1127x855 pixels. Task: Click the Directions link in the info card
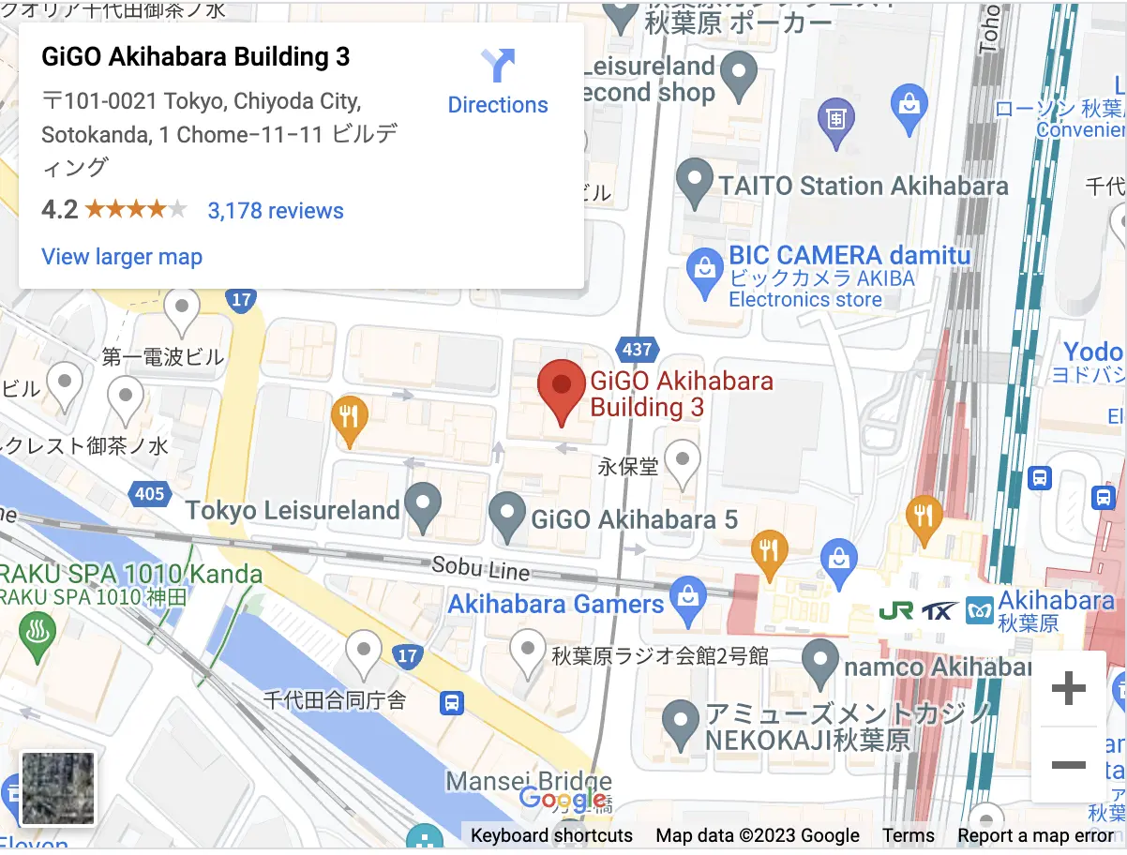498,82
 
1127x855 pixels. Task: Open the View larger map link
122,256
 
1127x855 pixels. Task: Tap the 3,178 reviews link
276,211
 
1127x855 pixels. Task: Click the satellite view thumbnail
58,788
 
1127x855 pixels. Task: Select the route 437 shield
636,350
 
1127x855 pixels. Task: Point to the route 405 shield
149,493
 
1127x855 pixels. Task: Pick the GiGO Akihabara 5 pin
508,517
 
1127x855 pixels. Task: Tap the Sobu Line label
480,567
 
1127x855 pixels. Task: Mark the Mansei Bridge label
528,781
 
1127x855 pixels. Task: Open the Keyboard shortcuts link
551,835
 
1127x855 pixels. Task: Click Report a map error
1035,835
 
